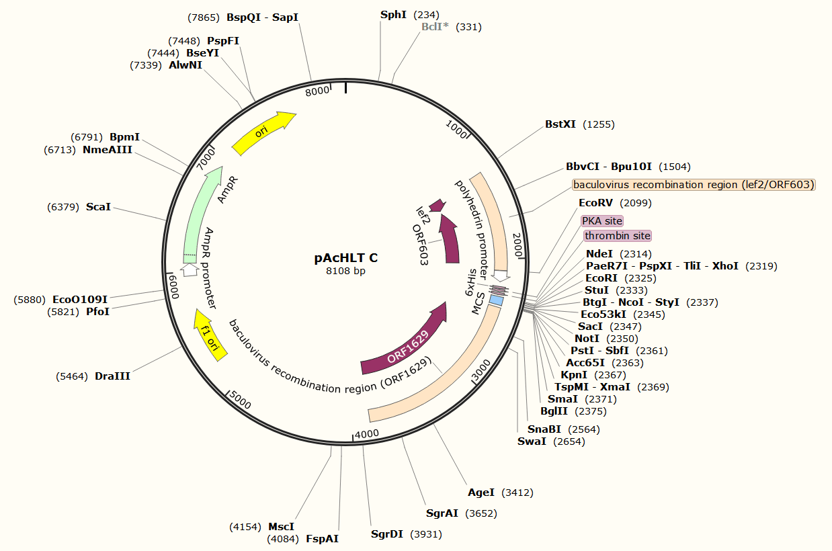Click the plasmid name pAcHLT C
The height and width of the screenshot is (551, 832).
pyautogui.click(x=345, y=258)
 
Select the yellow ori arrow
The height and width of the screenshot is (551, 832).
pyautogui.click(x=263, y=132)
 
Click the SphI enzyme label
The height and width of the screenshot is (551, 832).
pyautogui.click(x=393, y=14)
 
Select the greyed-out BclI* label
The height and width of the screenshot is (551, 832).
pyautogui.click(x=435, y=27)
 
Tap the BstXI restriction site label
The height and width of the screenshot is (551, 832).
pyautogui.click(x=560, y=124)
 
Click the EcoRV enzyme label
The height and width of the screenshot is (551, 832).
pyautogui.click(x=595, y=203)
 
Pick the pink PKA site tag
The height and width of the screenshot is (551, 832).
pyautogui.click(x=602, y=221)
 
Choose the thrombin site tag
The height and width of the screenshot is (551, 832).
pyautogui.click(x=617, y=236)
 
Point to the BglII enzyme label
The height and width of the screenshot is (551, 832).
pyautogui.click(x=554, y=411)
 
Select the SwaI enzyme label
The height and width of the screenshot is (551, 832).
pyautogui.click(x=532, y=441)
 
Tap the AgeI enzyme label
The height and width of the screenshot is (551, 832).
pyautogui.click(x=481, y=493)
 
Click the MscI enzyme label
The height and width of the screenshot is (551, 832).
pyautogui.click(x=282, y=527)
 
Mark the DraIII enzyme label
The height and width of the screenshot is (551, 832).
pyautogui.click(x=112, y=376)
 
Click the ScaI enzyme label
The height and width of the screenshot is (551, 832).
pyautogui.click(x=98, y=207)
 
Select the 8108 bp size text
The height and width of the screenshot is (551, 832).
pyautogui.click(x=345, y=271)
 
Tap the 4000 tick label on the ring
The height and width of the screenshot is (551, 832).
pyautogui.click(x=367, y=433)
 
